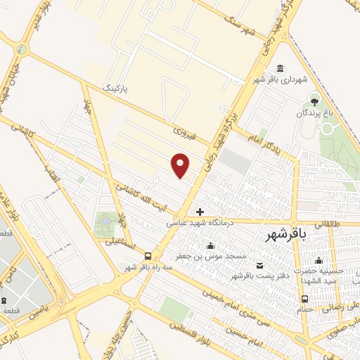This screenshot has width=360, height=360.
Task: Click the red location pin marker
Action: coord(181,165)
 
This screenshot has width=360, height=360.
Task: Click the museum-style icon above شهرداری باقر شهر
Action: coord(281,68)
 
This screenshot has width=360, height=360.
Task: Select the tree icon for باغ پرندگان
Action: coord(314,98)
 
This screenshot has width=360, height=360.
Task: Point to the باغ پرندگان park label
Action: coord(312,112)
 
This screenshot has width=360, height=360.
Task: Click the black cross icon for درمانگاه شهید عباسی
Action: coord(200,211)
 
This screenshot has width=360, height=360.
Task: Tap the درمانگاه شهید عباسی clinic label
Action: coord(198,222)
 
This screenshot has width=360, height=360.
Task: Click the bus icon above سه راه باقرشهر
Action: coord(148,256)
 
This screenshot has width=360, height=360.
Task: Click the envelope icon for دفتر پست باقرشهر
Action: coord(260,264)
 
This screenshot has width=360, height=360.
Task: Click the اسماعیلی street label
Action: coord(103,242)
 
